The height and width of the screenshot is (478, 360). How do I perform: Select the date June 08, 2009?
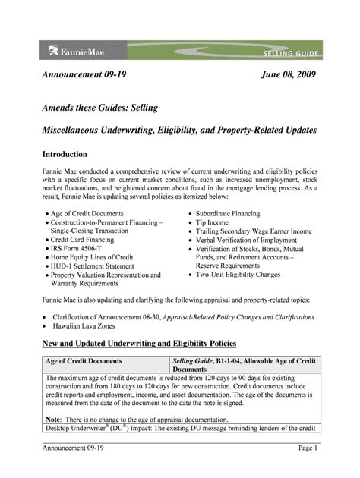click(x=288, y=75)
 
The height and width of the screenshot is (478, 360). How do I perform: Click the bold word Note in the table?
click(x=52, y=420)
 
